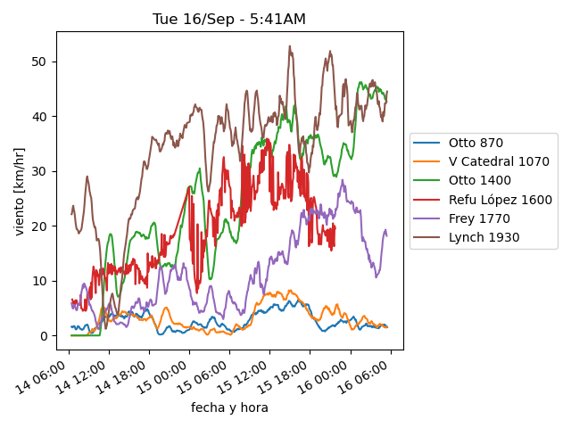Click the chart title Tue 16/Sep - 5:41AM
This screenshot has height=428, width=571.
point(229,19)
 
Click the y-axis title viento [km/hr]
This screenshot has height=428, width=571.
point(19,192)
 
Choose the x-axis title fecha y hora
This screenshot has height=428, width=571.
point(229,408)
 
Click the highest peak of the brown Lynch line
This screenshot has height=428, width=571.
point(290,46)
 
